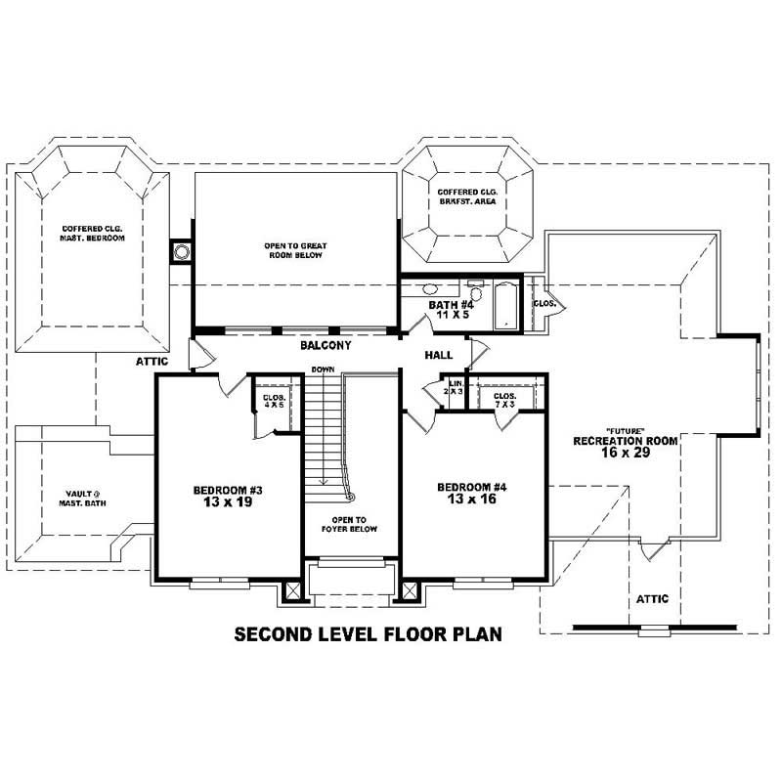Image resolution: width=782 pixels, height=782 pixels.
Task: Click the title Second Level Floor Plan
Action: (369, 633)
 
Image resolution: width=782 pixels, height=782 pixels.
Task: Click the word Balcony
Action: (326, 346)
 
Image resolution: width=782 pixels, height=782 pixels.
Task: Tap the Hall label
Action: (438, 355)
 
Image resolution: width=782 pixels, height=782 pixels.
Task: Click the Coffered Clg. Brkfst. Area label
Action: (467, 196)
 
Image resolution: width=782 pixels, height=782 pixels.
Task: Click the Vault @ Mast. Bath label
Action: (80, 499)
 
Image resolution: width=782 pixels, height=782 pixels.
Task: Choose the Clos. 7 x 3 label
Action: (505, 399)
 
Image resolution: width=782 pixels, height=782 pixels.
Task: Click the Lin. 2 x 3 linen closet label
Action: (455, 387)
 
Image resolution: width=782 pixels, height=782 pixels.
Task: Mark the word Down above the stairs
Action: (323, 369)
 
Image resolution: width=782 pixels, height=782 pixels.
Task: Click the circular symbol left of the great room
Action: (181, 252)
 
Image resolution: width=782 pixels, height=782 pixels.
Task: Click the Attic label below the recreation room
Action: (652, 598)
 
